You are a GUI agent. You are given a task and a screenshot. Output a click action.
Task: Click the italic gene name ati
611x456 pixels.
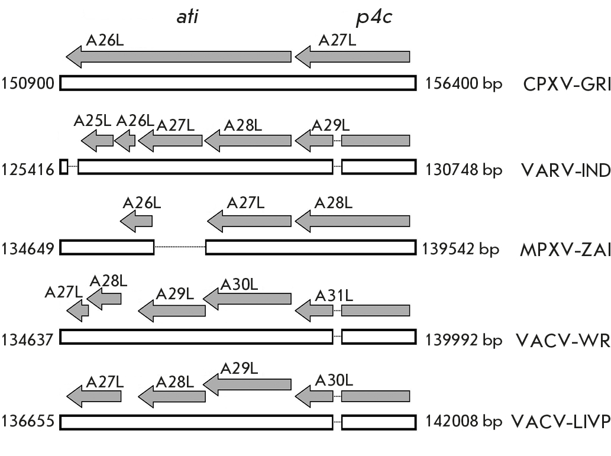coord(188,17)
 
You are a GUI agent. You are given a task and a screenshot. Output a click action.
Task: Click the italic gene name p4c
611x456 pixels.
coord(374,18)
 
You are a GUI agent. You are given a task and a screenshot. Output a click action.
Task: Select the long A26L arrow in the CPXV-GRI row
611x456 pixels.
coord(179,57)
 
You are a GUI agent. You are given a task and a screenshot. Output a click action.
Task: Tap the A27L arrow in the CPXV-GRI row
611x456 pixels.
coord(353,57)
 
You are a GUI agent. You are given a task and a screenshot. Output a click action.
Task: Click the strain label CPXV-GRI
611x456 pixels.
coord(567,84)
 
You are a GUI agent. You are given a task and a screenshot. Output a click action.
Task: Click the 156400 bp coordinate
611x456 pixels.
coord(463,84)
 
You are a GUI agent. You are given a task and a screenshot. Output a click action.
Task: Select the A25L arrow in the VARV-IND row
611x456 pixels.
coord(98,141)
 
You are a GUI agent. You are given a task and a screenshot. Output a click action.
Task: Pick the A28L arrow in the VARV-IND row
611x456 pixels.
coord(248,141)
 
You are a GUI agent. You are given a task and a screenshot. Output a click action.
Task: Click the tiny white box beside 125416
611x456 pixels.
coord(64,167)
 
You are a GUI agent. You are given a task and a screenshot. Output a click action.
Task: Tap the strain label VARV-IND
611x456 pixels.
coord(566,170)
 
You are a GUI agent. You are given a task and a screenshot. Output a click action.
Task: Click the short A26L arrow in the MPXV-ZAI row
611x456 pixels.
coord(137,221)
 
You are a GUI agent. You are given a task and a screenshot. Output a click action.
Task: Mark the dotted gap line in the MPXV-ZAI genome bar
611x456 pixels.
coord(180,247)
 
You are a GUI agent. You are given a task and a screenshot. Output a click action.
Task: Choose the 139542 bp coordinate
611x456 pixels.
coord(460,248)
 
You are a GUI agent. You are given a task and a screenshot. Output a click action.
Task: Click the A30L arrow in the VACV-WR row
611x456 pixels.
coord(247,299)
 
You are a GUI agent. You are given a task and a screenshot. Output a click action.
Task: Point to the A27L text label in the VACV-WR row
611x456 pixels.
coord(64,292)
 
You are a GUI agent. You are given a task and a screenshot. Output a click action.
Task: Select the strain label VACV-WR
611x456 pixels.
coord(563,340)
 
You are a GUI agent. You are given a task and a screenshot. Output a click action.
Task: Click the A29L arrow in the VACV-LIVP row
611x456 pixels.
coord(247,384)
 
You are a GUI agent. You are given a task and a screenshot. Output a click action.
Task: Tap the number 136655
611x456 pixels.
coord(28,421)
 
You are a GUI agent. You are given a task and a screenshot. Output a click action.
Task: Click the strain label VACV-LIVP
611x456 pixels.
coord(561,421)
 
